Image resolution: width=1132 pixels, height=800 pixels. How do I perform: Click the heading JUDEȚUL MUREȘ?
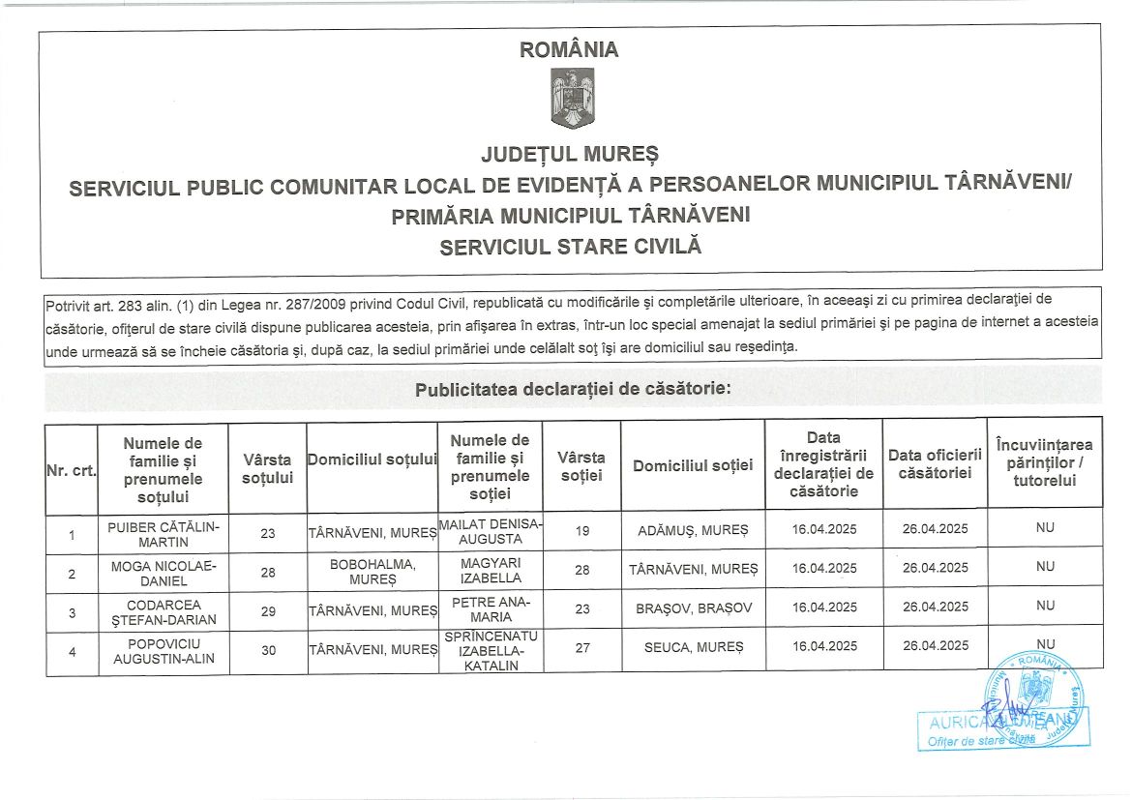point(570,154)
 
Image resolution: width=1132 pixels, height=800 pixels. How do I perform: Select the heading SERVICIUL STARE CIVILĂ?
point(570,247)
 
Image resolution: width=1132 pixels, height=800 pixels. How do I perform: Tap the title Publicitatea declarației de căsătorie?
point(573,390)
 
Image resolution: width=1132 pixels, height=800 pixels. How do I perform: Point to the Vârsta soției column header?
point(581,465)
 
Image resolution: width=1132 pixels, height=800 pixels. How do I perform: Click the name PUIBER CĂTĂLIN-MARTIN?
point(164,534)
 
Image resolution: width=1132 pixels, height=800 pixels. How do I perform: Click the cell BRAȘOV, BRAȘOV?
point(693,607)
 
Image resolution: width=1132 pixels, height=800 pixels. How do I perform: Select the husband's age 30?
point(268,651)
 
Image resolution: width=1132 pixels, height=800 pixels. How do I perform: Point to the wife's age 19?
point(581,530)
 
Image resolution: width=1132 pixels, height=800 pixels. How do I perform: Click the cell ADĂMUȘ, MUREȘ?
point(693,530)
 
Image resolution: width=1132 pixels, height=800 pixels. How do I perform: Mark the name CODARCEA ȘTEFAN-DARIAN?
point(164,612)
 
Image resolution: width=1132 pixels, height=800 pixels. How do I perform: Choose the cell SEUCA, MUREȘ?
point(693,646)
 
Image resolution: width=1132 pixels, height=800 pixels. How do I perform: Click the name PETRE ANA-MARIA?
point(490,609)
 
